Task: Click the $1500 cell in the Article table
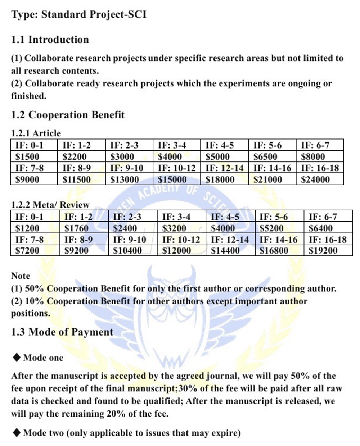(27, 157)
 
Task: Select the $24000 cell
(315, 179)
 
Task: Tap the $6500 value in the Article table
(265, 157)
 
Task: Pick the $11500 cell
(76, 179)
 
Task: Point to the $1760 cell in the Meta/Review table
(76, 228)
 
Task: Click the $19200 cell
(323, 251)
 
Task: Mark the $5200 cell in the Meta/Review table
(271, 228)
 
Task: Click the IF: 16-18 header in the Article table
(320, 168)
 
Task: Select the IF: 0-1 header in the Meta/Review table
(29, 217)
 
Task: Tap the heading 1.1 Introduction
(50, 40)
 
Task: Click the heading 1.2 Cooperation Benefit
(68, 115)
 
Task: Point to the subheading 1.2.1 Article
(36, 133)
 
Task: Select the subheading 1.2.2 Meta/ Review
(50, 205)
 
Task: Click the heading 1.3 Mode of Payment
(62, 332)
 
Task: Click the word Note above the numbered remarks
(21, 276)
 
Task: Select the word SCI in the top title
(137, 15)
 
